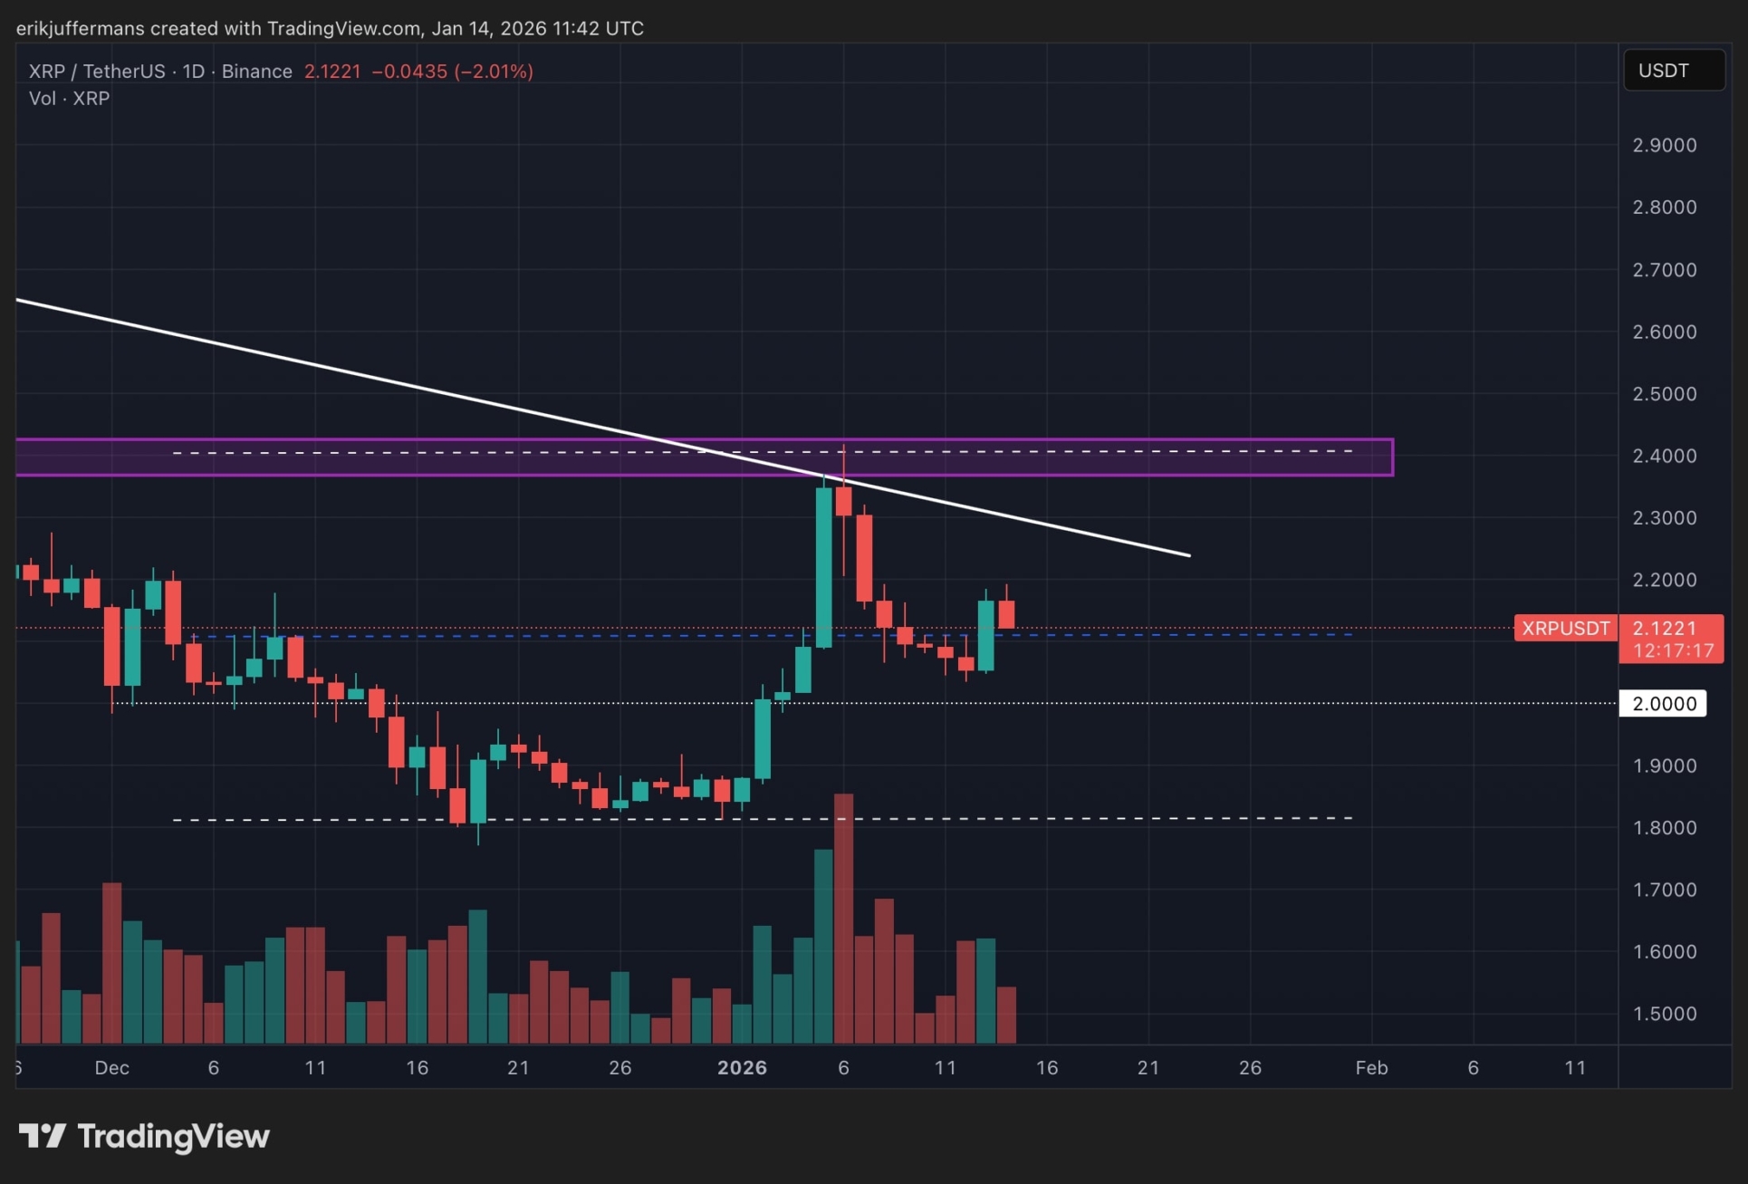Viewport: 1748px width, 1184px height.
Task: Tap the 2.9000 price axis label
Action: [1664, 146]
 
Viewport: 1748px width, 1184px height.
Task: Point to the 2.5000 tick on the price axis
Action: [1664, 394]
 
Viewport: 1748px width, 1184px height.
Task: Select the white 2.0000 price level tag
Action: [1663, 704]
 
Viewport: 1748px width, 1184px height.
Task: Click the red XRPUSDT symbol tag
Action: [1565, 629]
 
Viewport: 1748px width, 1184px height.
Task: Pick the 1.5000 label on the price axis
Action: [1664, 1014]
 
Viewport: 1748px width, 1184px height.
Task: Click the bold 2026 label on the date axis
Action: [742, 1068]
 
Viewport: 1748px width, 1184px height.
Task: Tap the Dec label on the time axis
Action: [111, 1068]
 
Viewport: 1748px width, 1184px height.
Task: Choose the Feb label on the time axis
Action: [1371, 1068]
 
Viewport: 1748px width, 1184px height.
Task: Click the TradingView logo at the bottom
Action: [145, 1136]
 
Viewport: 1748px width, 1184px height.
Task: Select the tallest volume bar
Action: [843, 919]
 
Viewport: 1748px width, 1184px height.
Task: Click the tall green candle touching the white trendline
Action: [823, 567]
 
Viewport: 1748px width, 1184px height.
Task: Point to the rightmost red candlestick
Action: [1005, 614]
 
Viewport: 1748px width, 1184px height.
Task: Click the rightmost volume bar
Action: [1005, 1016]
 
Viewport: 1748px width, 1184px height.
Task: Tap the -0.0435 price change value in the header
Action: [409, 72]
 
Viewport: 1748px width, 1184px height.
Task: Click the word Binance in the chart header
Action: [257, 72]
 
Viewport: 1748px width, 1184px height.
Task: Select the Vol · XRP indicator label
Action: [69, 99]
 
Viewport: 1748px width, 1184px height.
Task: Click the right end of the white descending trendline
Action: [1188, 555]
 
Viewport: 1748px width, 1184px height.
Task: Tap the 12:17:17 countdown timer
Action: [1672, 651]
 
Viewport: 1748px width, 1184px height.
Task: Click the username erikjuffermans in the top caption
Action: [80, 28]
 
